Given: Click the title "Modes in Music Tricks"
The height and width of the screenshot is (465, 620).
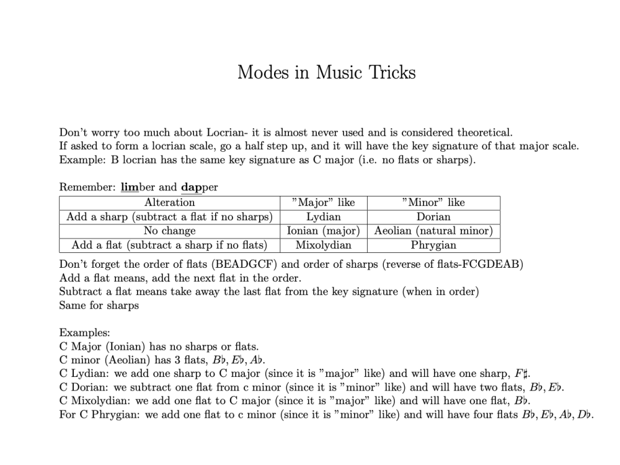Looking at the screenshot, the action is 326,73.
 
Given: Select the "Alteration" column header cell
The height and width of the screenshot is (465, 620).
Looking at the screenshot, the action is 169,203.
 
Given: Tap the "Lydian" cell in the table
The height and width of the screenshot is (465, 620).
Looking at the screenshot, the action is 323,217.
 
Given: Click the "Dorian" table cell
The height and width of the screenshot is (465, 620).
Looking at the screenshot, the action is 433,217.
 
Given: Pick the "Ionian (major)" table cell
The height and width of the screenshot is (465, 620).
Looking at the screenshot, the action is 323,231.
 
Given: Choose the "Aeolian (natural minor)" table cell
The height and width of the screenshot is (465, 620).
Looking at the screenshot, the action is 433,231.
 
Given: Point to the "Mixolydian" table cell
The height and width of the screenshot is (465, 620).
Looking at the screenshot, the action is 323,245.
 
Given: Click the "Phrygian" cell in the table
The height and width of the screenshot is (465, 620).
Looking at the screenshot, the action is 433,245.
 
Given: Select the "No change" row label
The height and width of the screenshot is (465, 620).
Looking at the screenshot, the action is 169,231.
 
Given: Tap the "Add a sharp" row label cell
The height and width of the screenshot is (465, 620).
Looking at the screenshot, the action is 169,217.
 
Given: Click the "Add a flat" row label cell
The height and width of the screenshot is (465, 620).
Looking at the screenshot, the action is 169,245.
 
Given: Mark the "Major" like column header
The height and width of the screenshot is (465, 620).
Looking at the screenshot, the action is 323,203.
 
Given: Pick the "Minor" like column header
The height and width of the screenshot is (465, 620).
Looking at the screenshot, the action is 433,203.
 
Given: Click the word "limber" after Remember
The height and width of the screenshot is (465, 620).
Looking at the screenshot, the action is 138,187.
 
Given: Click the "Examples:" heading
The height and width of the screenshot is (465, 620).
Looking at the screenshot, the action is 85,333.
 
